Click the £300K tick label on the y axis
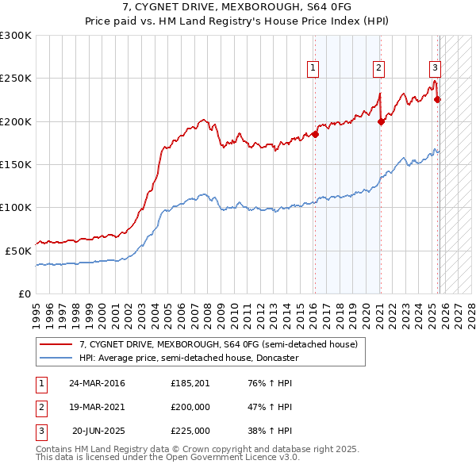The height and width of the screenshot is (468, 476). click(x=16, y=36)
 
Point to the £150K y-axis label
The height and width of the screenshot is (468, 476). click(x=16, y=164)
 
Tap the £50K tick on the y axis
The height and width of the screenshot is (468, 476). click(x=19, y=250)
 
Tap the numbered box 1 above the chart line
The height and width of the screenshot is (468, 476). click(x=313, y=69)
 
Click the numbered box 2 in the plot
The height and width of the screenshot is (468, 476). click(x=379, y=69)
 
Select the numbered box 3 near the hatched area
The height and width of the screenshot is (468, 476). click(x=436, y=69)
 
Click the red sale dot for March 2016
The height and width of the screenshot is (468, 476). click(x=315, y=134)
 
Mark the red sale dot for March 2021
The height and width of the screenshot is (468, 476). click(x=382, y=121)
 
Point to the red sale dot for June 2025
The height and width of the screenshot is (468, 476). click(x=438, y=99)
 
